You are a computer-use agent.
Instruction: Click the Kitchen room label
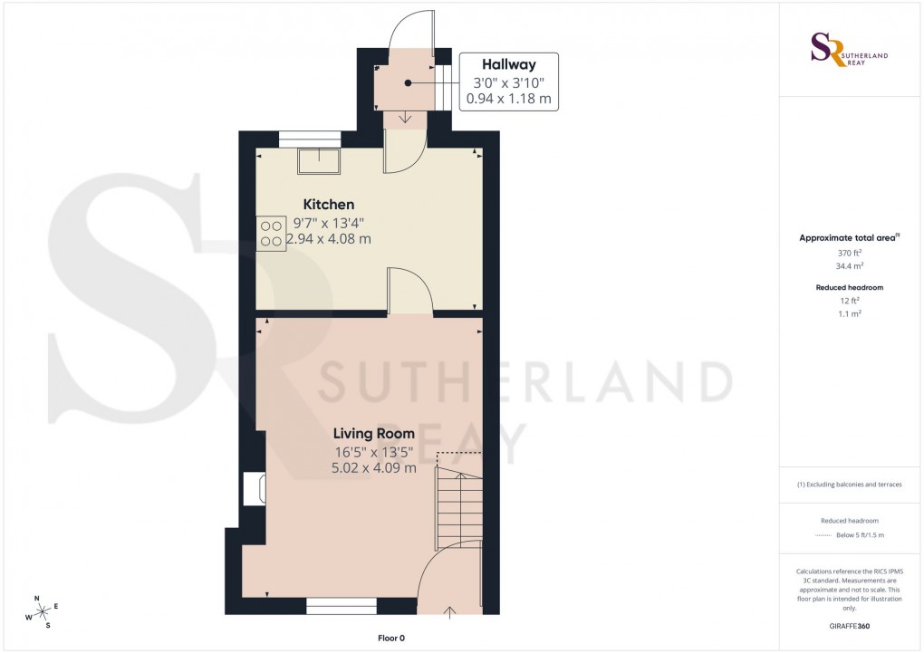(x=328, y=205)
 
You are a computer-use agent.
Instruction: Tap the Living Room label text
(x=373, y=434)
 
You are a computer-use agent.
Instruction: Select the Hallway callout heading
(x=508, y=65)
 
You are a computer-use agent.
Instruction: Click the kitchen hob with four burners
(x=272, y=234)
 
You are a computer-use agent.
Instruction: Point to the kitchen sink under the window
(x=320, y=160)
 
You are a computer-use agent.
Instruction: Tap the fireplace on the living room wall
(x=253, y=490)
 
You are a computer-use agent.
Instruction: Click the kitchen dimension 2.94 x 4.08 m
(x=328, y=239)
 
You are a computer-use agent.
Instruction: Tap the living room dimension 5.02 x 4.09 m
(x=373, y=468)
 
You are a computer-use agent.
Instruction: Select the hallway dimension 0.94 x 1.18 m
(x=508, y=98)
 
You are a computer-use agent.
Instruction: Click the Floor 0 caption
(x=391, y=639)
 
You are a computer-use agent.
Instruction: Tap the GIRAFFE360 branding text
(x=849, y=626)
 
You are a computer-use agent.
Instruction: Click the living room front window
(x=341, y=606)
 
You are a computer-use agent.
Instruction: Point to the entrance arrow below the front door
(x=450, y=613)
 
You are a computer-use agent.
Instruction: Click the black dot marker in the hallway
(x=409, y=82)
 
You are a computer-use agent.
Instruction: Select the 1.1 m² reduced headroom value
(x=849, y=312)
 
